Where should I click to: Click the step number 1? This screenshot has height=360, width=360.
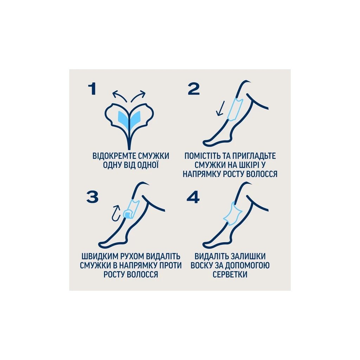pyautogui.click(x=92, y=89)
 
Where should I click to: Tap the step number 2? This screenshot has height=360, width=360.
pyautogui.click(x=194, y=89)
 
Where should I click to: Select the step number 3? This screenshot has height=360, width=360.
pyautogui.click(x=92, y=197)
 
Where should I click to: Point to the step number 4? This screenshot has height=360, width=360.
pyautogui.click(x=193, y=197)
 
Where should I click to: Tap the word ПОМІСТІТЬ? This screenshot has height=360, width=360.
pyautogui.click(x=203, y=156)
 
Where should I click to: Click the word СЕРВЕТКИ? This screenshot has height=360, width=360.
pyautogui.click(x=230, y=274)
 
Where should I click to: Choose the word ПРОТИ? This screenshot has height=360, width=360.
pyautogui.click(x=170, y=265)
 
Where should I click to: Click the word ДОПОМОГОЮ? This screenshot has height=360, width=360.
pyautogui.click(x=247, y=265)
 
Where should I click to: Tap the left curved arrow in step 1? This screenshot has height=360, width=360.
pyautogui.click(x=120, y=96)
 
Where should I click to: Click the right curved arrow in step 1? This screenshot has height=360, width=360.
pyautogui.click(x=138, y=96)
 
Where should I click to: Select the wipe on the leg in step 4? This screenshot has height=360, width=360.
pyautogui.click(x=233, y=213)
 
